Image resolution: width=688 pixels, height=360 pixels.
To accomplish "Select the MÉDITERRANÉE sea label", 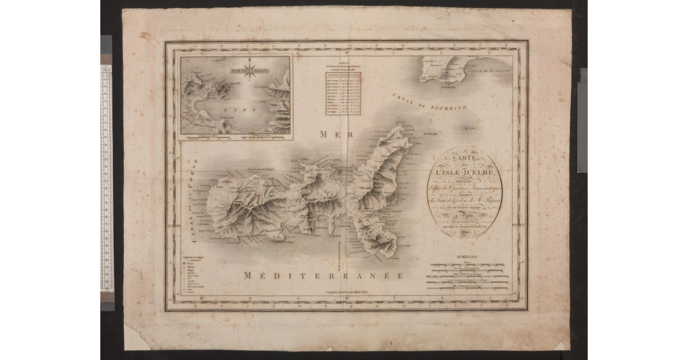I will pos(324,275).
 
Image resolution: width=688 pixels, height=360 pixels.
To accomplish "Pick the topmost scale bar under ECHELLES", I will pos(468,265).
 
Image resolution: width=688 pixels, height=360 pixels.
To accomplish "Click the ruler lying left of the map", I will pos(106,178).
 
